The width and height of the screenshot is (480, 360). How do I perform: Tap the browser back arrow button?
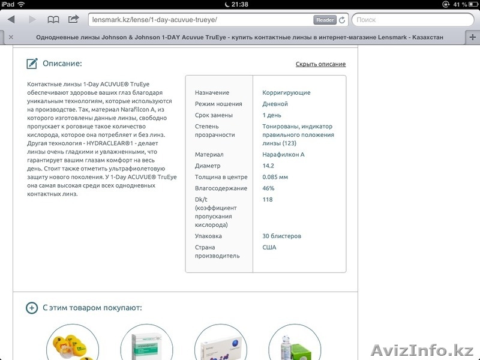point(11,20)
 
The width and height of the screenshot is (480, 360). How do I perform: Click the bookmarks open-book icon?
point(53,20)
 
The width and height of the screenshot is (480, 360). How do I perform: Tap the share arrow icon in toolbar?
point(73,19)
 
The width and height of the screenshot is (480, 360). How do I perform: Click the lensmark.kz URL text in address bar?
point(154,20)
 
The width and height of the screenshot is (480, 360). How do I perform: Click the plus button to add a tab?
point(473,37)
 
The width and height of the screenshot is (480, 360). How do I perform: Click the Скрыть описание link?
point(320,64)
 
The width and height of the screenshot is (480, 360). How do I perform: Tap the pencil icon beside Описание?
point(32,64)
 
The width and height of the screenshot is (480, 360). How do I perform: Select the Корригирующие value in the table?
point(286,93)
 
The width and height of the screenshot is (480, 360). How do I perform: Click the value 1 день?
point(272,115)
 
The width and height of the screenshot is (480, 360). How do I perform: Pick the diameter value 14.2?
point(269,166)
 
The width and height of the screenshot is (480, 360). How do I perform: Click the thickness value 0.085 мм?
point(275,177)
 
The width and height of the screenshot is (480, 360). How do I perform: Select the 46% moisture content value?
point(269,188)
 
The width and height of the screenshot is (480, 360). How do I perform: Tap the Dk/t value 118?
point(268,200)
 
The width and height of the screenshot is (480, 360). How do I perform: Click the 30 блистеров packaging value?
point(281,236)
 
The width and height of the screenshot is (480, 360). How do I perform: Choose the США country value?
point(269,247)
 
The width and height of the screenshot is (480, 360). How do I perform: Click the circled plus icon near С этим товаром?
point(32,308)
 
